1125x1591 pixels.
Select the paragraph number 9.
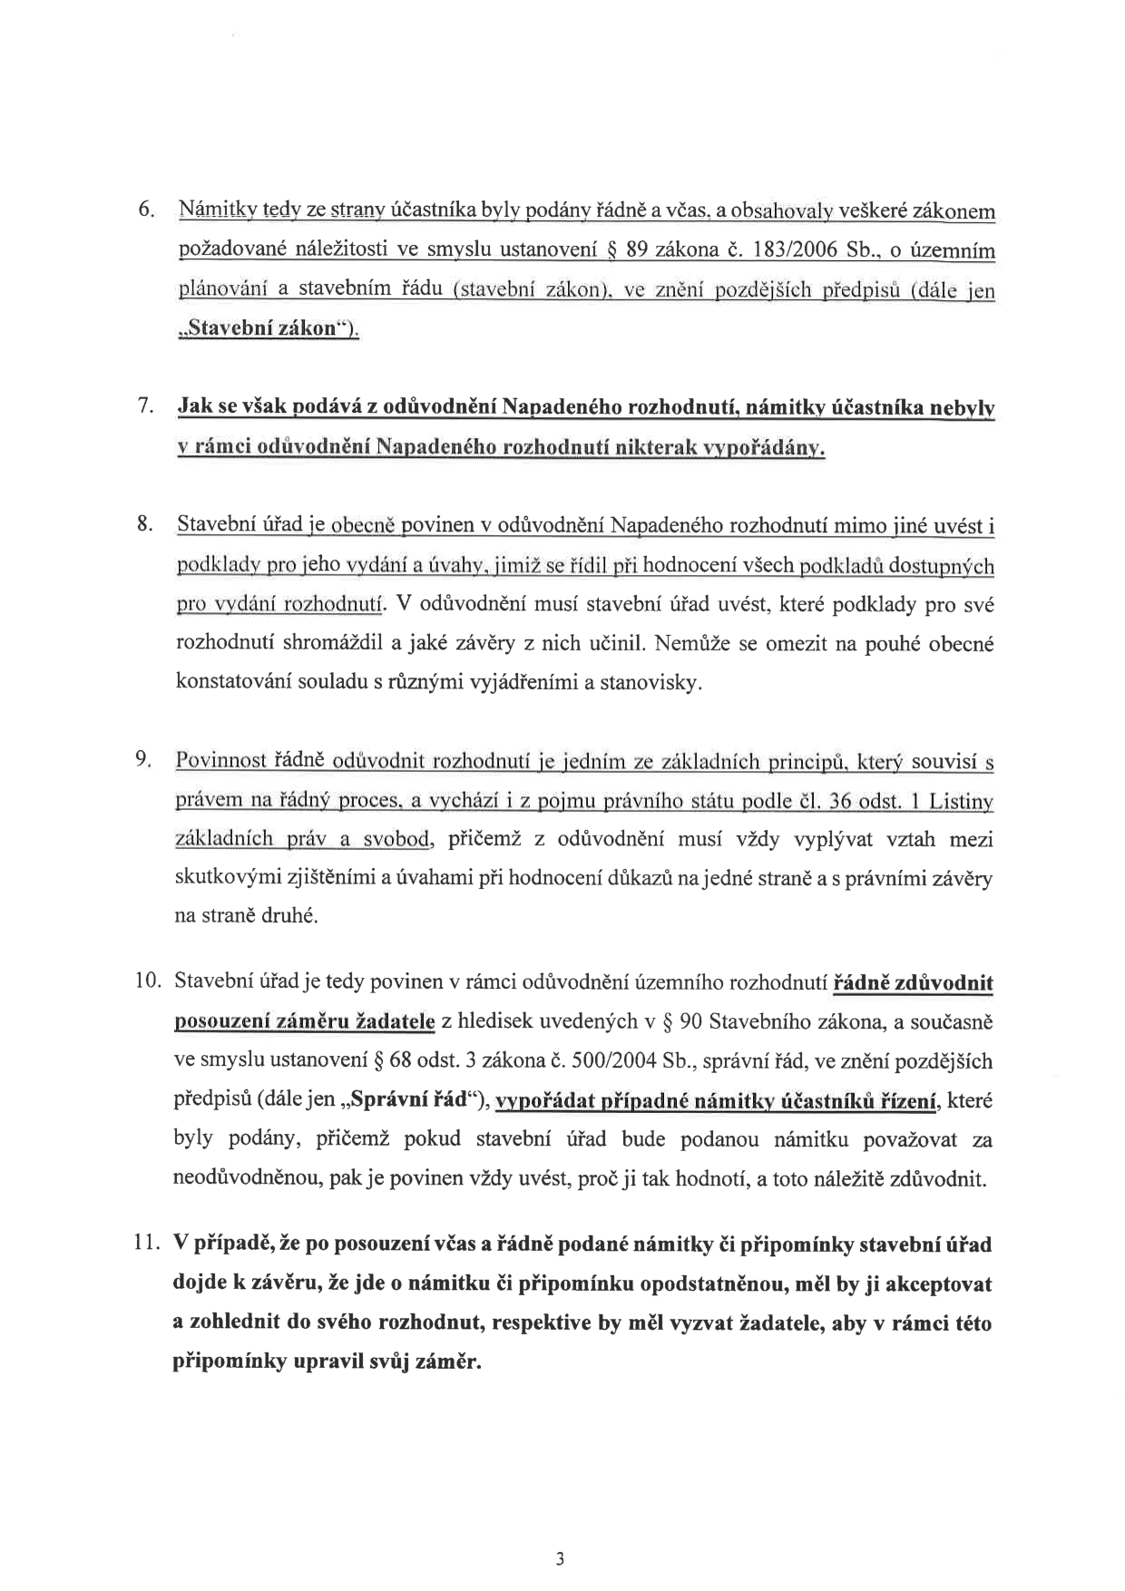[143, 761]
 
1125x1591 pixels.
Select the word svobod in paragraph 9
[397, 840]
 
